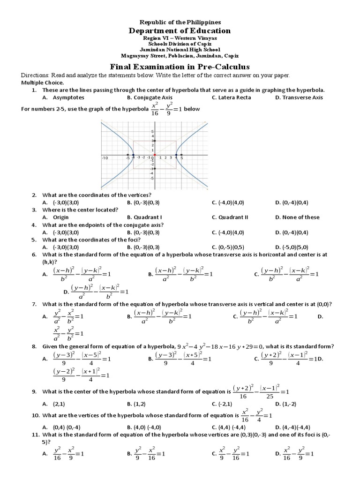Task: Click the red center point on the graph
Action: tap(155, 155)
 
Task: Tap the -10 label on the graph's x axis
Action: tap(105, 158)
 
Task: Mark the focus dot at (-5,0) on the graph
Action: tap(128, 155)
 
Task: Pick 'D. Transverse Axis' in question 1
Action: tap(299, 97)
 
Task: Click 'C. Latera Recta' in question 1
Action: tap(231, 97)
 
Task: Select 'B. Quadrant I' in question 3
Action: tap(144, 217)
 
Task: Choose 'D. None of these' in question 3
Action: tap(297, 217)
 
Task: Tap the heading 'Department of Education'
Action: tap(180, 30)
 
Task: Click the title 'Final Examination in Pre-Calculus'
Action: tap(180, 67)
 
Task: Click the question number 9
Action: tap(34, 391)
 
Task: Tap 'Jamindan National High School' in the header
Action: tap(180, 50)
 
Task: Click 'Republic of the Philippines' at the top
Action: tap(180, 22)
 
